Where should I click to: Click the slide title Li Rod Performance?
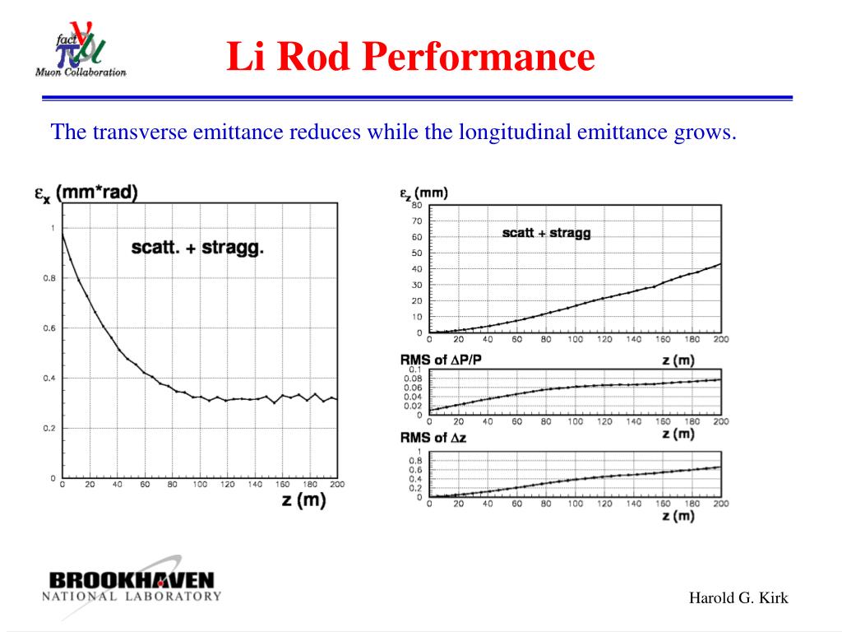tap(410, 58)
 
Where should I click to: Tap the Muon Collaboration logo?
tap(81, 49)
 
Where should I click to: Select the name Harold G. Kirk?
tap(738, 598)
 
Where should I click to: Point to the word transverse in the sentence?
tap(141, 132)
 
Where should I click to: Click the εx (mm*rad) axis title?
tap(86, 193)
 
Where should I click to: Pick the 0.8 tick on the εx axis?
tap(49, 278)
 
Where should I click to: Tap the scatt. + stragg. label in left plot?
tap(197, 246)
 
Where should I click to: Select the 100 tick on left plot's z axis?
tap(200, 485)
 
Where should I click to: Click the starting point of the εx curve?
tap(63, 234)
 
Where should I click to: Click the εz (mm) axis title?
tap(424, 193)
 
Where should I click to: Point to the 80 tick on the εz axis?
tap(417, 205)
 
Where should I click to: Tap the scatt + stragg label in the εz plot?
tap(546, 233)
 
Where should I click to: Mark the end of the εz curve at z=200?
tap(721, 264)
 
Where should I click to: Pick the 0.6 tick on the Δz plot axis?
tap(417, 469)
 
